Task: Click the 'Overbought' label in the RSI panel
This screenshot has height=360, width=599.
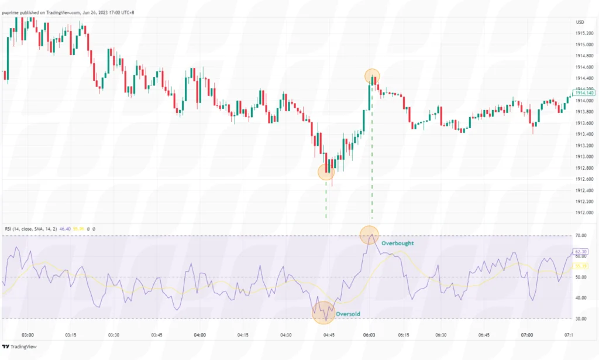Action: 398,242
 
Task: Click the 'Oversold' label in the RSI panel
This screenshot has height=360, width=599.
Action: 348,314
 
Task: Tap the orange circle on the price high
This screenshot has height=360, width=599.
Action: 373,76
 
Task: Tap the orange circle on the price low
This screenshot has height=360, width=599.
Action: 326,172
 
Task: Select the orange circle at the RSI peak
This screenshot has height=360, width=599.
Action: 369,235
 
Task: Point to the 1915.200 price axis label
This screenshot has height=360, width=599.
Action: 584,33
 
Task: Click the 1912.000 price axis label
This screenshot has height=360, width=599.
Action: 584,213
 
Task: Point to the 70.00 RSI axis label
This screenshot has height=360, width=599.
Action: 581,236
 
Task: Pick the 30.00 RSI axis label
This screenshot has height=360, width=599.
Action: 581,319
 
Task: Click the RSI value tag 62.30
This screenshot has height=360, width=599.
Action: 581,251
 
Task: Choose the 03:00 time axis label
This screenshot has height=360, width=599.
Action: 27,335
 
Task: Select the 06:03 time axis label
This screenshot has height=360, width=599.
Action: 370,335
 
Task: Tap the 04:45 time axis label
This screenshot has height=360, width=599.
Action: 329,335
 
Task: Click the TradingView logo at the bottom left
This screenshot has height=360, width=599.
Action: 23,347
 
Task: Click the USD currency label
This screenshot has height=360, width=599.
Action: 580,22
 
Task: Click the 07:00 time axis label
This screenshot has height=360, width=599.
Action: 526,335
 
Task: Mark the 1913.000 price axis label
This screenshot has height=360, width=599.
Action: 584,157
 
